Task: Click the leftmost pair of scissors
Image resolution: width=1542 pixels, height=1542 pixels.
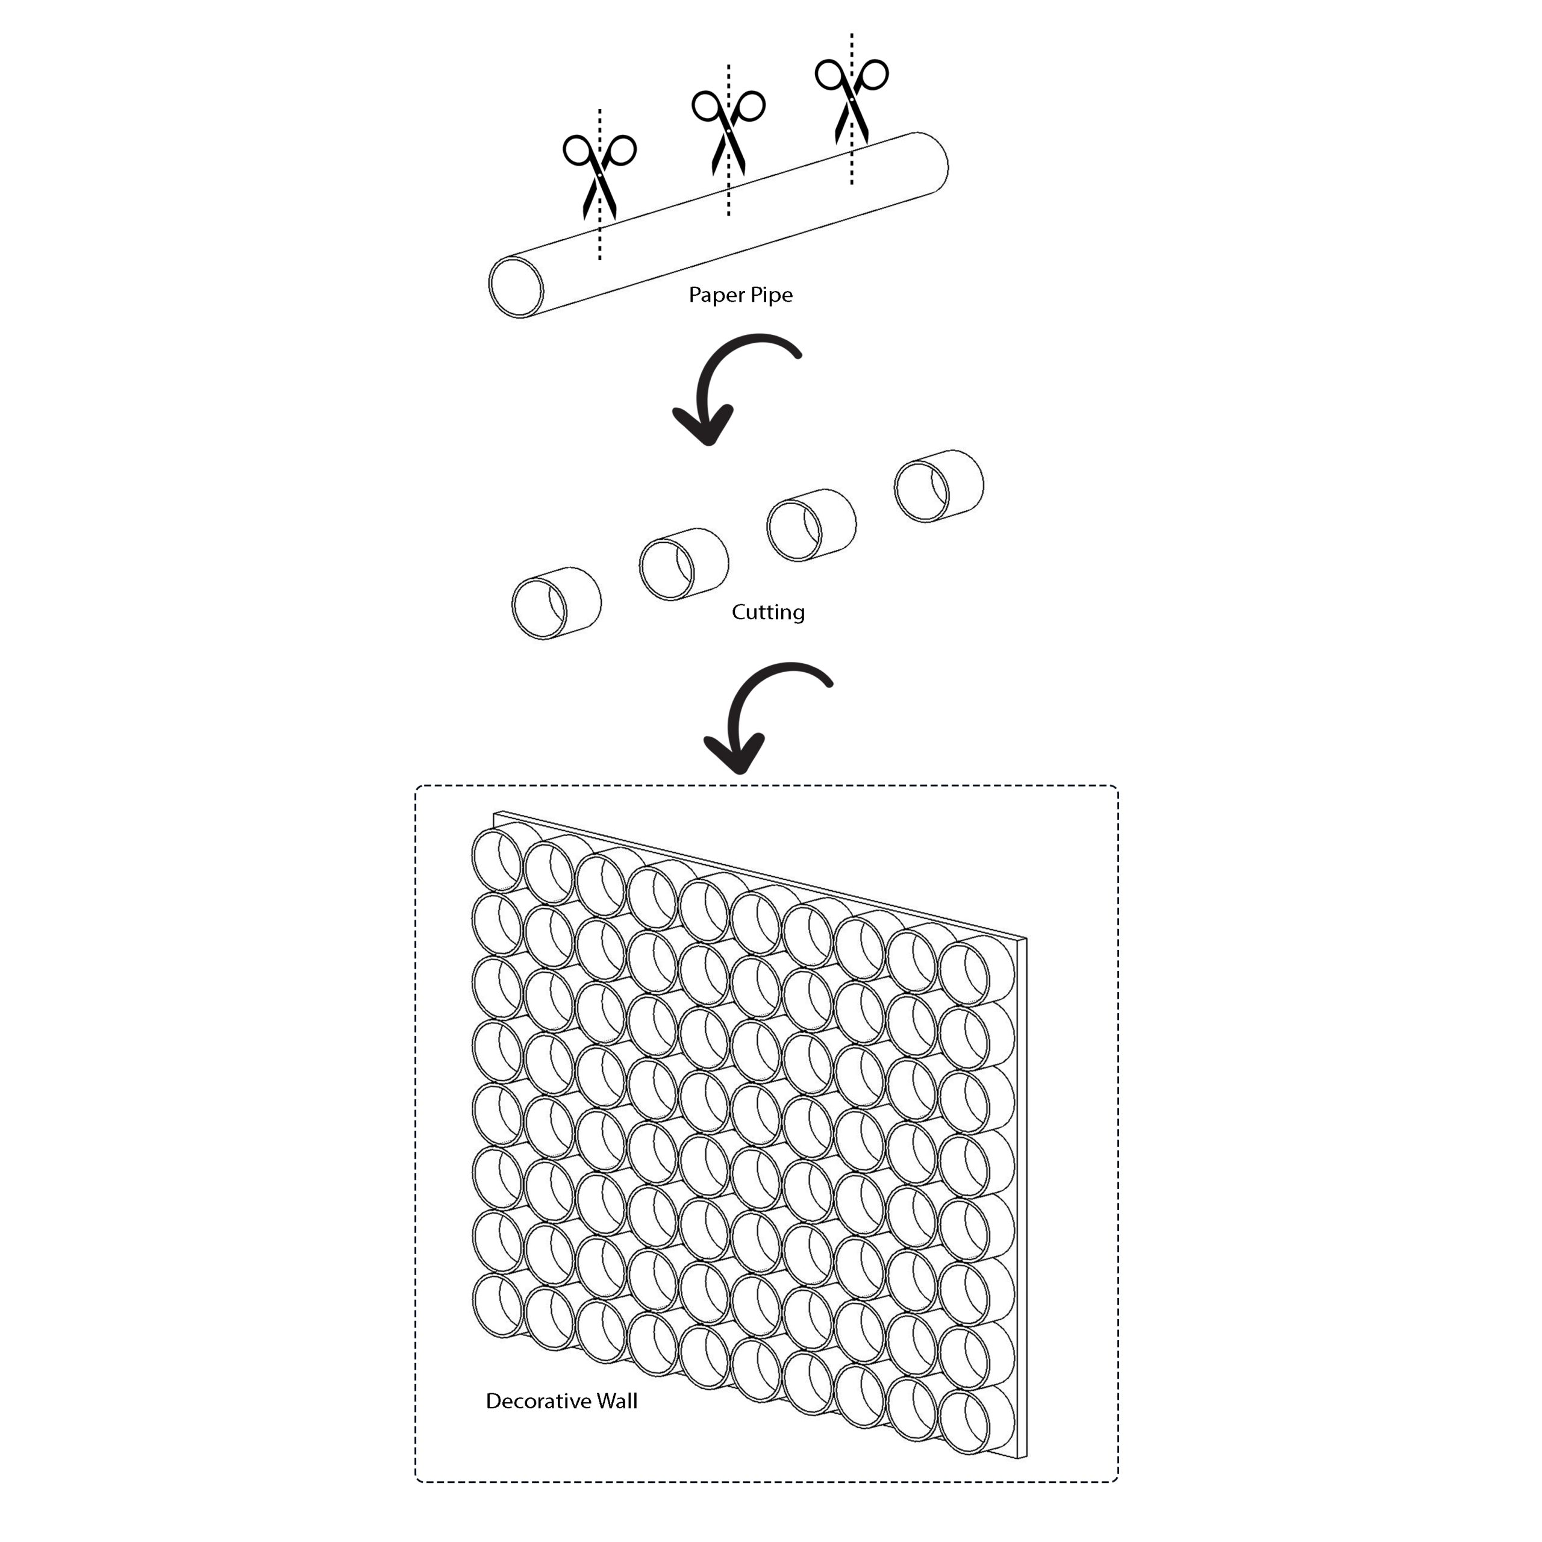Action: click(599, 176)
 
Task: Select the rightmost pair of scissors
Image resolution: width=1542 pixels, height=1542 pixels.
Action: click(852, 101)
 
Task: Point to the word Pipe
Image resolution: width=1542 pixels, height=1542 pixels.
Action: click(769, 295)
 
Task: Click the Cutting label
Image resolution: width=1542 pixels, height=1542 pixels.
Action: click(768, 612)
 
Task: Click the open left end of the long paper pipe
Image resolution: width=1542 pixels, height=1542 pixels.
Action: click(516, 287)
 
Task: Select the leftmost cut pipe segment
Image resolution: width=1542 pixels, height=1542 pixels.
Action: click(557, 602)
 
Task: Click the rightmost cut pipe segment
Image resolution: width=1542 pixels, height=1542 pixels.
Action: click(938, 486)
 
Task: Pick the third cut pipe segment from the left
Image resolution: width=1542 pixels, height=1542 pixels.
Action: click(811, 525)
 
